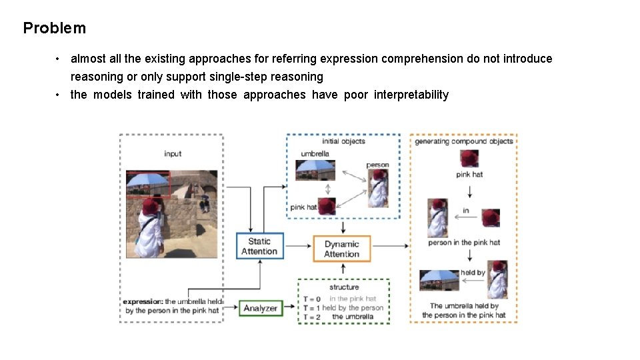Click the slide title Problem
pyautogui.click(x=54, y=28)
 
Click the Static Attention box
pyautogui.click(x=259, y=246)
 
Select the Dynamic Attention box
pyautogui.click(x=341, y=249)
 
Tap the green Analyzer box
pyautogui.click(x=260, y=308)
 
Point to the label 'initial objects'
pyautogui.click(x=343, y=141)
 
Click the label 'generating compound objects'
pyautogui.click(x=464, y=141)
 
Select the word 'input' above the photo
pyautogui.click(x=173, y=154)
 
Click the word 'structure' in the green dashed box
pyautogui.click(x=343, y=287)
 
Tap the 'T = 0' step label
pyautogui.click(x=312, y=299)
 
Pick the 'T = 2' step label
pyautogui.click(x=312, y=317)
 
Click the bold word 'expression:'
pyautogui.click(x=143, y=302)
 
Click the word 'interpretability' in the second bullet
pyautogui.click(x=411, y=95)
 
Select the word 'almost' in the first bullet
pyautogui.click(x=88, y=59)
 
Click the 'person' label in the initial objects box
pyautogui.click(x=377, y=165)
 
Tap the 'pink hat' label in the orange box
pyautogui.click(x=469, y=175)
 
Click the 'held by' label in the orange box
pyautogui.click(x=473, y=273)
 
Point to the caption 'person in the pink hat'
pyautogui.click(x=464, y=243)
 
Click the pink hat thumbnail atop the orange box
pyautogui.click(x=469, y=159)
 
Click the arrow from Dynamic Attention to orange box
pyautogui.click(x=390, y=246)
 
